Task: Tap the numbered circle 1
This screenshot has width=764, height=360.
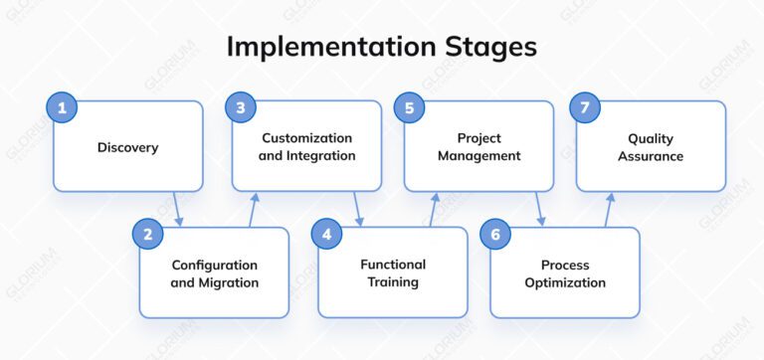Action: pos(62,108)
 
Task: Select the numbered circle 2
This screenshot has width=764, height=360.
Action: pos(148,235)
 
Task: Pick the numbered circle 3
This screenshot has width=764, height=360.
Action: pos(240,108)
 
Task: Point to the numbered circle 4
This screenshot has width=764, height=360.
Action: pos(326,235)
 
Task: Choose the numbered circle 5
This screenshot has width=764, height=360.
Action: pos(411,108)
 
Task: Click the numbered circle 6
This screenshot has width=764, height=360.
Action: pos(497,235)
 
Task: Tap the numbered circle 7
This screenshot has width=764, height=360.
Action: pos(584,108)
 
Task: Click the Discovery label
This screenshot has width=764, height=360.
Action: pos(127,148)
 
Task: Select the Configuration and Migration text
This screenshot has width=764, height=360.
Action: pos(214,273)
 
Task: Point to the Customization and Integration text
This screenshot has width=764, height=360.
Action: pos(307,146)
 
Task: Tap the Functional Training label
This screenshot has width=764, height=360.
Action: pos(392,272)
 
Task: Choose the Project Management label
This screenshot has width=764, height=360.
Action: pos(478,146)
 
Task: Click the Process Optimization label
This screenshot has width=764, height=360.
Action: pos(565,273)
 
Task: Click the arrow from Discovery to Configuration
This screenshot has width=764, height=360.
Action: pos(178,209)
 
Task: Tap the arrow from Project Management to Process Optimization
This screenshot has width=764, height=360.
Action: pos(540,209)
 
